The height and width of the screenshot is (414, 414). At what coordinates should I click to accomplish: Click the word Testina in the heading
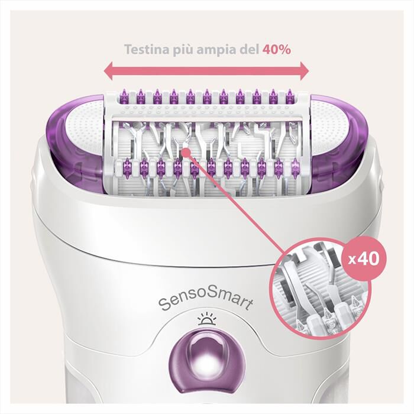[145, 49]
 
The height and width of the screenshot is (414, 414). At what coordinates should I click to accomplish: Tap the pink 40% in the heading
[276, 49]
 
